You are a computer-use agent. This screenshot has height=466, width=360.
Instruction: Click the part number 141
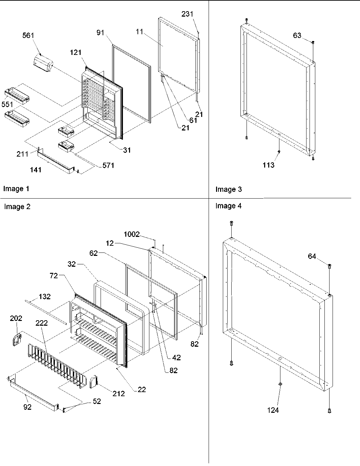(x=36, y=170)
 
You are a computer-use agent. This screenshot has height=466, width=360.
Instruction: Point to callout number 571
(x=109, y=165)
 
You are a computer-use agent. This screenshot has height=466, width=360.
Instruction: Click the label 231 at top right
(x=187, y=14)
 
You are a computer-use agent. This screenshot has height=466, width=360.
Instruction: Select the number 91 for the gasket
(x=101, y=33)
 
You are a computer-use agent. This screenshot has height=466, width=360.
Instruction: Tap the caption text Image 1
(x=16, y=189)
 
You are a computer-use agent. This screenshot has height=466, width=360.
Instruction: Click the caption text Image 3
(x=229, y=189)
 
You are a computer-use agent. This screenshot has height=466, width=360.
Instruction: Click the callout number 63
(x=297, y=36)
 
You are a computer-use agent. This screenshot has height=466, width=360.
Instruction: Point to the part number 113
(x=268, y=165)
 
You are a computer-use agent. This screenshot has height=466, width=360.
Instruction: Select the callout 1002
(x=132, y=234)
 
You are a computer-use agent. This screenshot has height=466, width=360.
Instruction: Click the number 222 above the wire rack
(x=41, y=323)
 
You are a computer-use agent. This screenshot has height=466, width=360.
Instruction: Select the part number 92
(x=27, y=407)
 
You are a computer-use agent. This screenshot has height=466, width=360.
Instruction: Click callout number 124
(x=273, y=410)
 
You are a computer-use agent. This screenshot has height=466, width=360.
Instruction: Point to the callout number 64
(x=312, y=257)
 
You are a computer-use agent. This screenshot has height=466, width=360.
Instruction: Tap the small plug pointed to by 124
(x=280, y=384)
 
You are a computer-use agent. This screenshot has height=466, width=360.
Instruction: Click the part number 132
(x=45, y=297)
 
